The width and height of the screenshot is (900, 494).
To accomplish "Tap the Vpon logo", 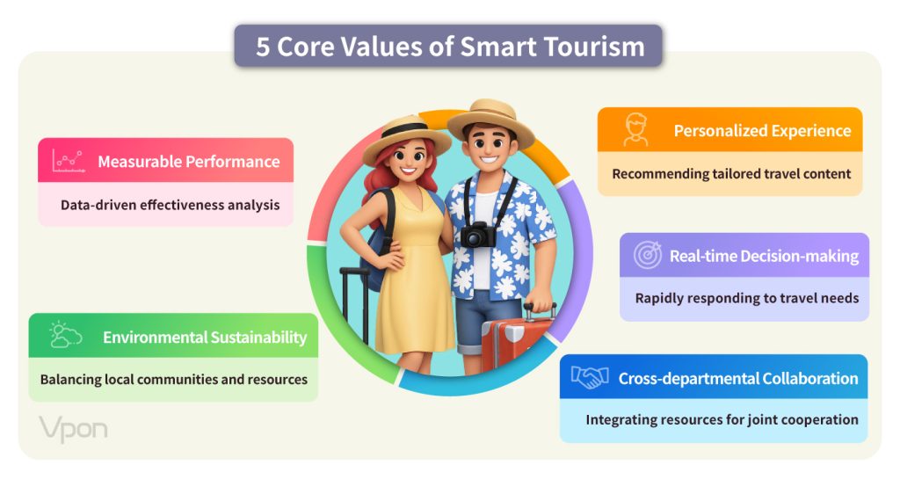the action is pyautogui.click(x=74, y=429).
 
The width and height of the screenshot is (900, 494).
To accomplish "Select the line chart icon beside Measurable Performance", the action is pyautogui.click(x=69, y=161).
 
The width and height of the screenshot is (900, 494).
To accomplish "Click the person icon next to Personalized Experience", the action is pyautogui.click(x=636, y=130).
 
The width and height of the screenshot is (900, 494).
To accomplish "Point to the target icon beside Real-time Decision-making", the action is pyautogui.click(x=648, y=255).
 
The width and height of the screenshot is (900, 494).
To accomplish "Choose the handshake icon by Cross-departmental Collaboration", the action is pyautogui.click(x=590, y=377).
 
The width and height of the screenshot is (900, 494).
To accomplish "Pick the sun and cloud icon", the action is pyautogui.click(x=65, y=335).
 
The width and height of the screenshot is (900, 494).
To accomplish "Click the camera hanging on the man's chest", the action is pyautogui.click(x=477, y=234).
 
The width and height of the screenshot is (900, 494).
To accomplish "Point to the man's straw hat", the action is pyautogui.click(x=490, y=122).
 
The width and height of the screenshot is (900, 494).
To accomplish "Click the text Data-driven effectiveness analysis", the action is pyautogui.click(x=171, y=205).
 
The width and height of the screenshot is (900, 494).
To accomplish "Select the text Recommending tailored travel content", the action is pyautogui.click(x=731, y=174).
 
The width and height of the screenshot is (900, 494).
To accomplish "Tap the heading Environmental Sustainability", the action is pyautogui.click(x=205, y=337).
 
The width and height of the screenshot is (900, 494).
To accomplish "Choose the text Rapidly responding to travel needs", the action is pyautogui.click(x=747, y=298).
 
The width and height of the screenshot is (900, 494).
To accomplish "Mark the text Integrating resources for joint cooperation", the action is pyautogui.click(x=722, y=420).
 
